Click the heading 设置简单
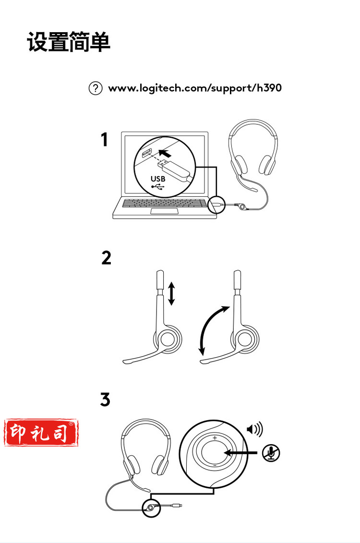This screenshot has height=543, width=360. pos(69,42)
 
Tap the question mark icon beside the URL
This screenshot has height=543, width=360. pos(96,88)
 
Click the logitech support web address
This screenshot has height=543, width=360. pos(195,88)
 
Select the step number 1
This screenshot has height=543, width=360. pos(104,140)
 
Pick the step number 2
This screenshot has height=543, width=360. pos(106,258)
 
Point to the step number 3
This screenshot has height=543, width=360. pos(105,399)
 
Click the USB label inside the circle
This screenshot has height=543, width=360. pos(158,179)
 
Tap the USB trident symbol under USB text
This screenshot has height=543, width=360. pos(158,187)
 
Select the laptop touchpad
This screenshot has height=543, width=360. pos(165,211)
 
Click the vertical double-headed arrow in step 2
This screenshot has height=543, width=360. pos(171,294)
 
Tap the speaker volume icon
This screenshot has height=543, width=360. pos(255,429)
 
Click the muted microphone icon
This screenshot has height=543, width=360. pos(271,453)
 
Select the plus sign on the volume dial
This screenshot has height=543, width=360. pos(215,438)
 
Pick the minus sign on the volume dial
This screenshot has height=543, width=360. pos(215,465)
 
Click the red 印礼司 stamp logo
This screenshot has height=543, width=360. pos(41,432)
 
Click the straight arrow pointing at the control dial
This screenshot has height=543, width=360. pos(241,453)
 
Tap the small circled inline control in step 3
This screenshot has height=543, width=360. pos(151,508)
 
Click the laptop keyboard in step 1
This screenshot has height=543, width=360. pos(165,203)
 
